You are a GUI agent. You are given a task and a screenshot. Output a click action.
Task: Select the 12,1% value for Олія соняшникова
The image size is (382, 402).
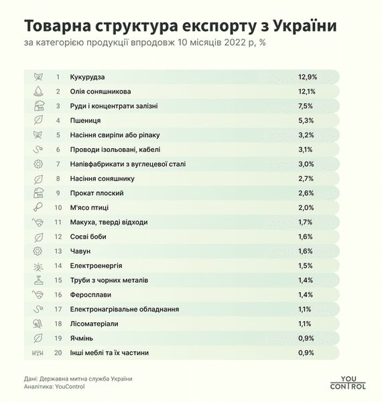(x=308, y=91)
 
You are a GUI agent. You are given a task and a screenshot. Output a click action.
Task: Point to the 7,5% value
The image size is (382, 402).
(x=307, y=106)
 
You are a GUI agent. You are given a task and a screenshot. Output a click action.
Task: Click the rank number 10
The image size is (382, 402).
(x=58, y=207)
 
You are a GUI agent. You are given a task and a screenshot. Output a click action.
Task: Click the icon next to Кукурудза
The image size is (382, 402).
(x=38, y=76)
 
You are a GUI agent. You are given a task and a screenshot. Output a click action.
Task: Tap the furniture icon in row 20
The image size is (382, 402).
(x=38, y=352)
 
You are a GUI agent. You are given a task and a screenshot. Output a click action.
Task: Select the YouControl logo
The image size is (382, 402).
(x=348, y=381)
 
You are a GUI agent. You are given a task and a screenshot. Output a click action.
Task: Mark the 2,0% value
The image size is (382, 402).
(x=307, y=207)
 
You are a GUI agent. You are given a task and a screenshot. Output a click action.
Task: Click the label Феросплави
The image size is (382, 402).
(x=91, y=294)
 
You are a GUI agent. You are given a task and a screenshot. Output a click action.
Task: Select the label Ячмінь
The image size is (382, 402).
(x=84, y=338)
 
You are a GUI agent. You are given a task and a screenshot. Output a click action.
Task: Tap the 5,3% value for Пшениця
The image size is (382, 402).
(x=307, y=120)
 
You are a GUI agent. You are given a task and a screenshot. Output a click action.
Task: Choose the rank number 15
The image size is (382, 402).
(x=58, y=279)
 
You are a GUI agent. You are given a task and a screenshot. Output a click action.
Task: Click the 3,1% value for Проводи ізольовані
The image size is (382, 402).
(x=307, y=149)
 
